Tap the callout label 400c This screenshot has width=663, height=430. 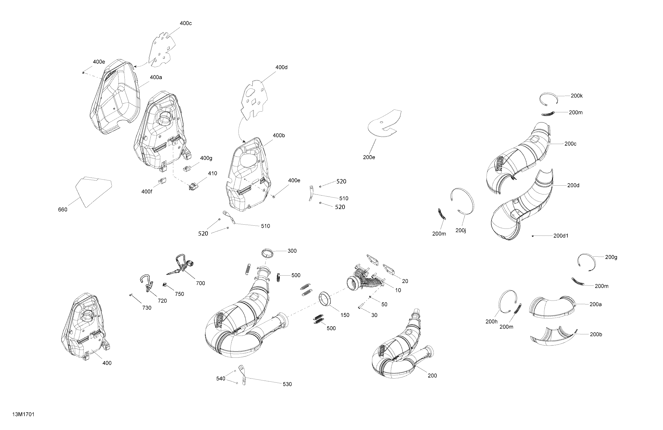click(x=185, y=23)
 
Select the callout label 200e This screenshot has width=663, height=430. click(x=369, y=157)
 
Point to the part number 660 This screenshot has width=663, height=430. click(x=63, y=209)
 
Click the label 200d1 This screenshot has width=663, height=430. click(x=561, y=236)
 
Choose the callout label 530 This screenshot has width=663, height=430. click(x=287, y=384)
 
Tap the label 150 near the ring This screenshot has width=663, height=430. click(x=344, y=315)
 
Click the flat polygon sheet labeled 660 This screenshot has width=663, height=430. click(x=94, y=192)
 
